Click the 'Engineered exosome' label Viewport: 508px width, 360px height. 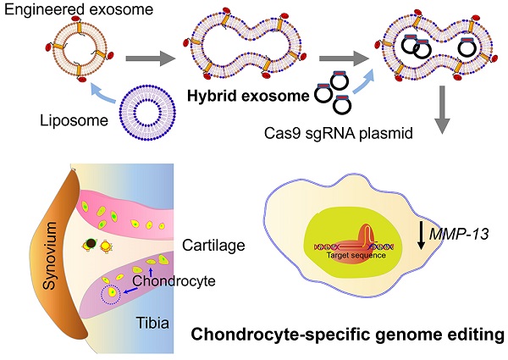coord(61,11)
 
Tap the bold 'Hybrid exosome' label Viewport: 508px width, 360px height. coord(250,95)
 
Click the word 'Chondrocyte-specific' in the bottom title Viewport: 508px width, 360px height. coord(271,336)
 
